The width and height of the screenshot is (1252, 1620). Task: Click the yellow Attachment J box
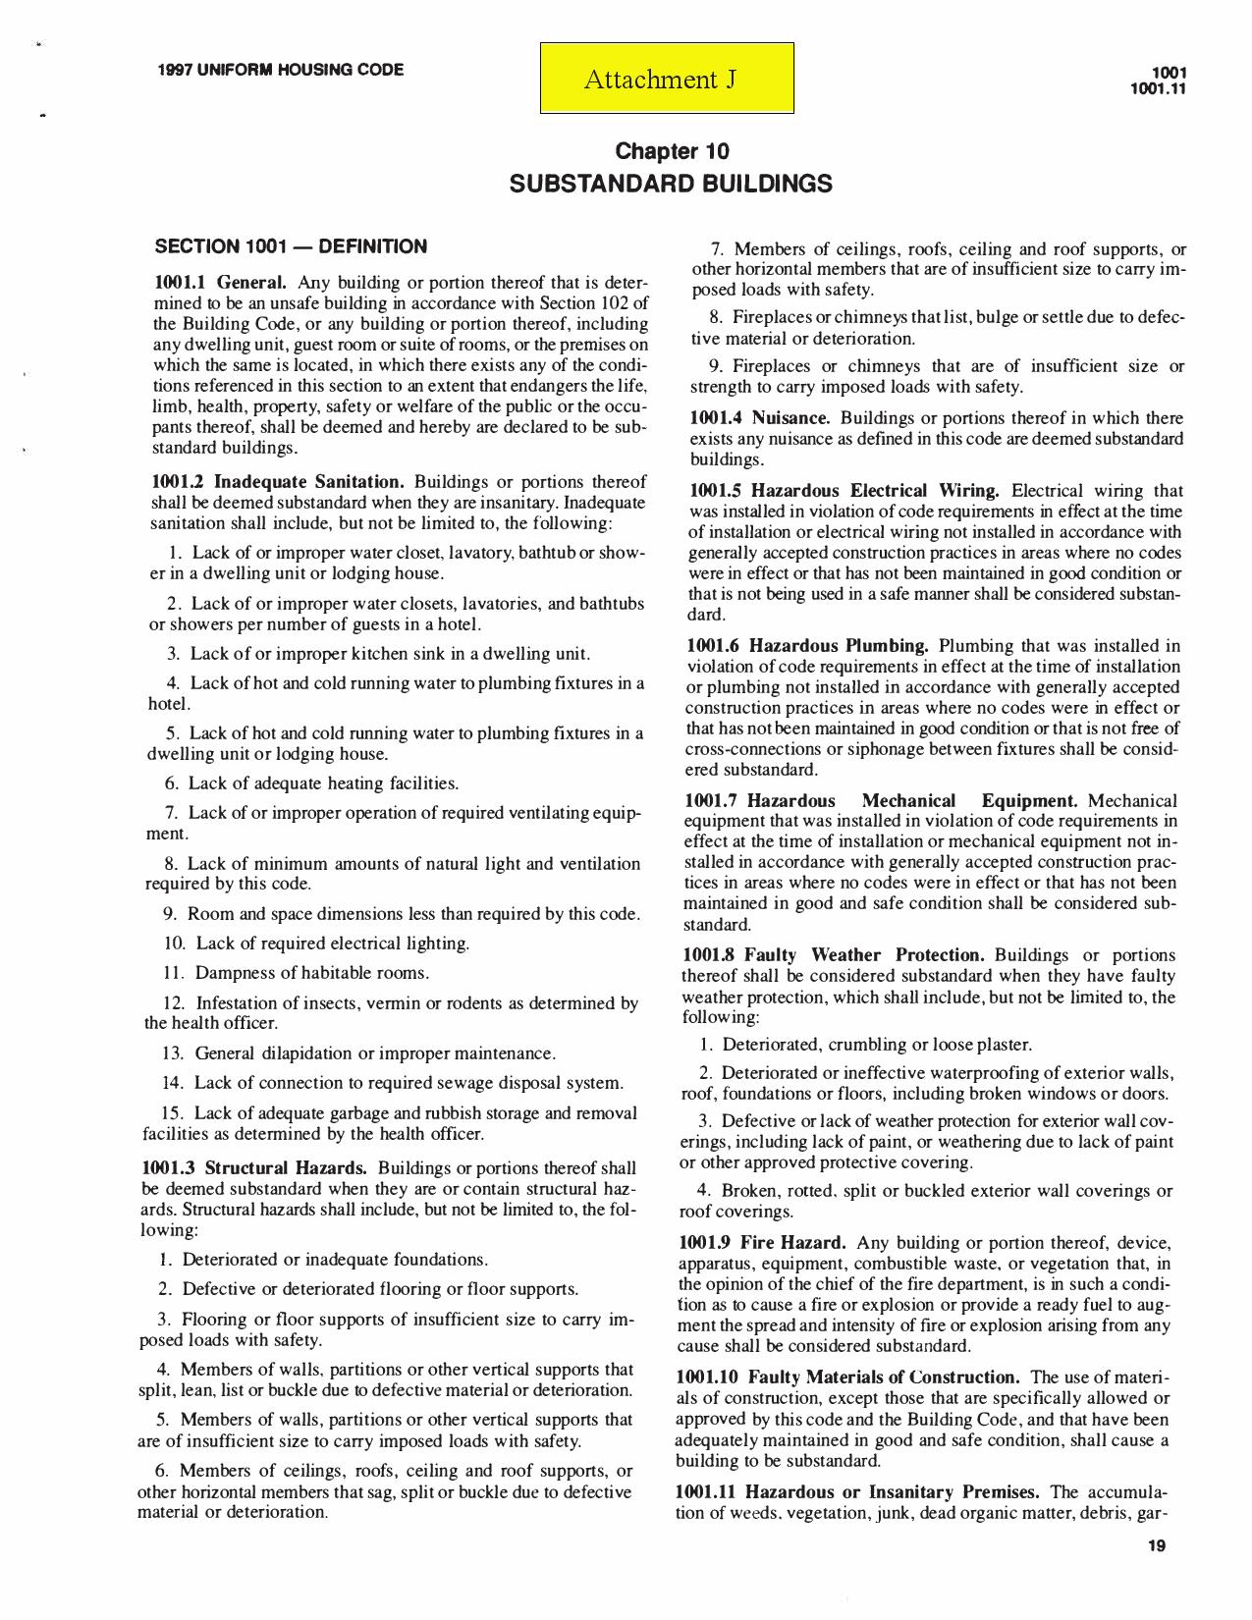pyautogui.click(x=667, y=79)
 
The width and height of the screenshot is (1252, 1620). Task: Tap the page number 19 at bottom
pyautogui.click(x=1156, y=1547)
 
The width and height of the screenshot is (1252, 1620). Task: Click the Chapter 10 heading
pyautogui.click(x=672, y=151)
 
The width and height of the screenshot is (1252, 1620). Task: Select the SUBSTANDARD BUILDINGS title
pyautogui.click(x=672, y=184)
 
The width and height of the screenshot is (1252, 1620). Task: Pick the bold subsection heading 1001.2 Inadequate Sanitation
pyautogui.click(x=278, y=482)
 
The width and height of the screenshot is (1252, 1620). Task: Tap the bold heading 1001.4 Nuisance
pyautogui.click(x=760, y=418)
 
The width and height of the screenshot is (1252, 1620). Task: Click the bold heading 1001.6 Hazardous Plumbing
pyautogui.click(x=807, y=646)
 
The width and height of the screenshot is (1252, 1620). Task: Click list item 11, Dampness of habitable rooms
pyautogui.click(x=296, y=973)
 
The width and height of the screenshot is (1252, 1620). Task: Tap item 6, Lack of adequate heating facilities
pyautogui.click(x=311, y=783)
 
